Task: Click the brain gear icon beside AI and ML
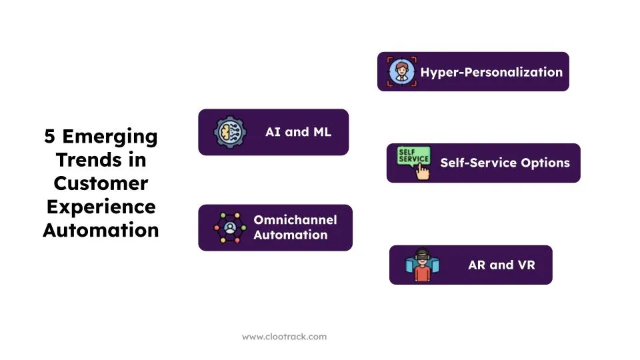(x=229, y=132)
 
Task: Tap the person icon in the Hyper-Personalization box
(x=400, y=71)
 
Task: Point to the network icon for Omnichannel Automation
(x=230, y=228)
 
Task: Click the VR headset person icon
(x=421, y=265)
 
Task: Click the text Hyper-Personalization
(x=491, y=72)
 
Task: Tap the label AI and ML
(x=298, y=132)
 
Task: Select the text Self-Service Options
(x=505, y=163)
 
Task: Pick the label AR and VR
(x=501, y=265)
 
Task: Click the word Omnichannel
(x=295, y=220)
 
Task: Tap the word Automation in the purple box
(x=290, y=235)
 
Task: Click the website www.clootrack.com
(x=284, y=337)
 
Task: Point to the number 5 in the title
(x=50, y=137)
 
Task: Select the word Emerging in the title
(x=109, y=137)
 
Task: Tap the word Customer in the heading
(x=101, y=183)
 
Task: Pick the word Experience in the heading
(x=101, y=207)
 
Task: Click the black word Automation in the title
(x=101, y=230)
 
